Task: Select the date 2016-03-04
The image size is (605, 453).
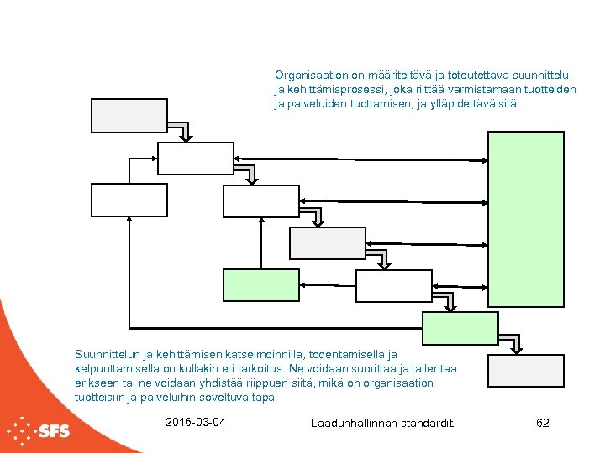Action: [x=197, y=422]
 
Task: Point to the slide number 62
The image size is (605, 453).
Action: [x=542, y=423]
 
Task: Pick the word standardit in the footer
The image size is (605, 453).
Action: [x=429, y=423]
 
